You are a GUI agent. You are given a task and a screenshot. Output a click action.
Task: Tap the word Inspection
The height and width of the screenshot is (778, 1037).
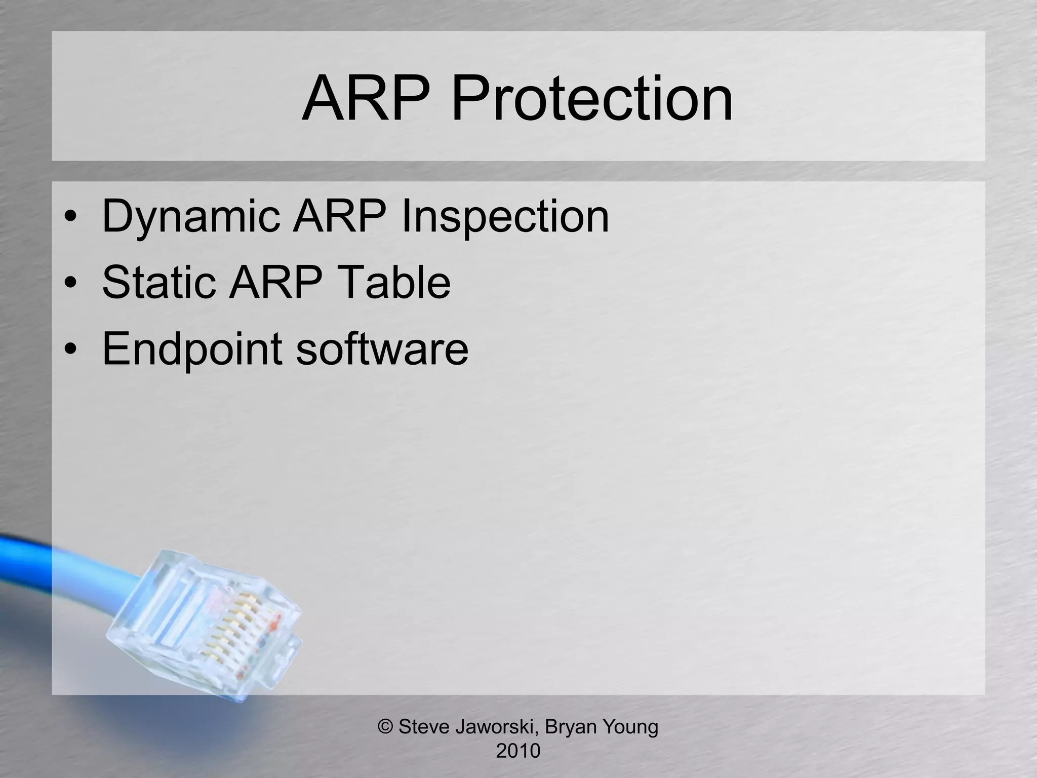pos(505,217)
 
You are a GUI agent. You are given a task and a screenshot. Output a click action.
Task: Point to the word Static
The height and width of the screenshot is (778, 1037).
pos(158,282)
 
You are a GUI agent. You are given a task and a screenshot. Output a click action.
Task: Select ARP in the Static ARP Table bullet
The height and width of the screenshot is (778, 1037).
pos(275,282)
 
